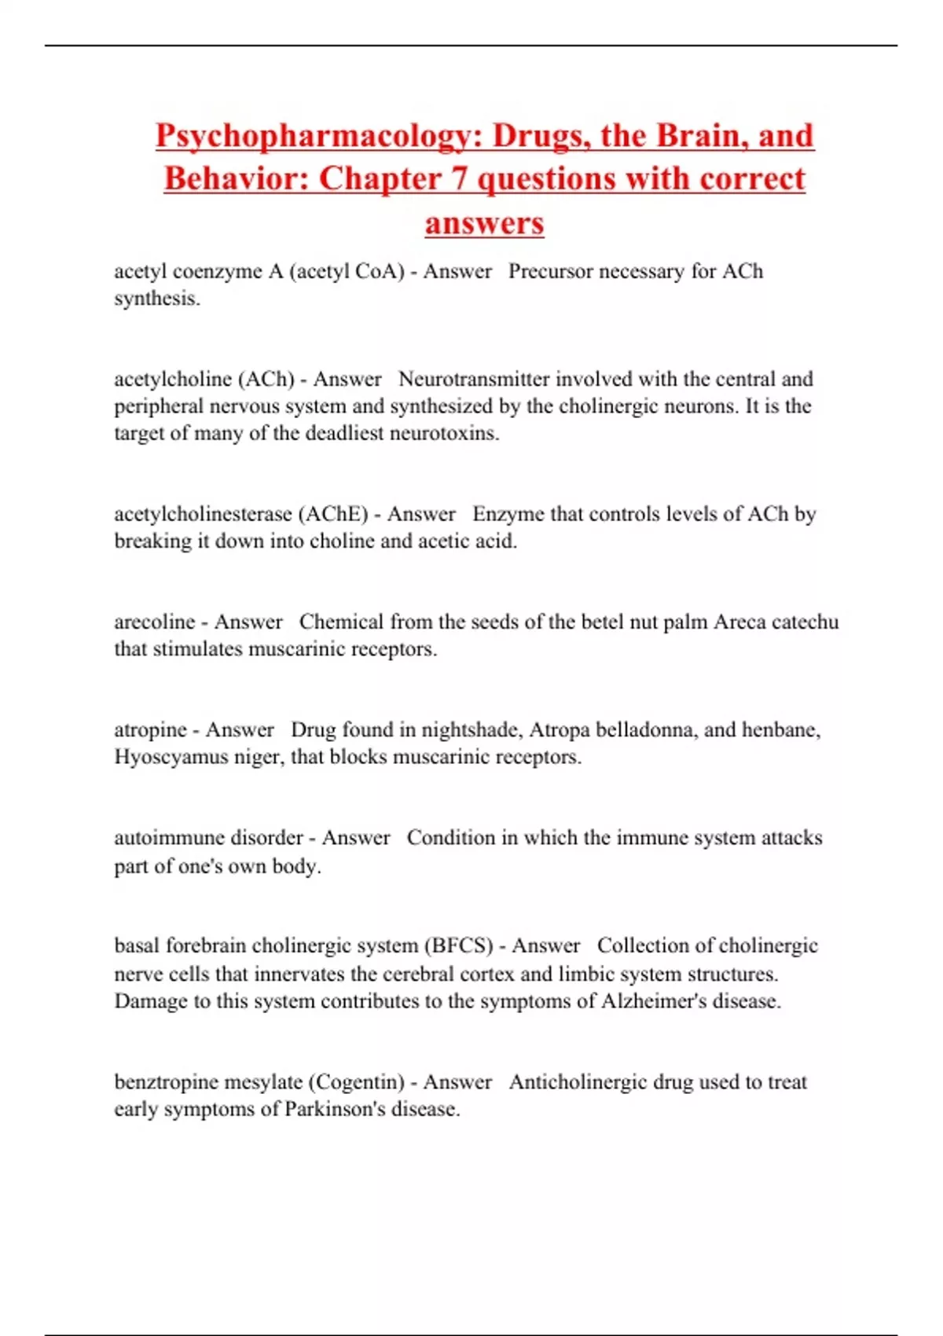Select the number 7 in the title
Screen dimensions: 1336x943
click(x=458, y=179)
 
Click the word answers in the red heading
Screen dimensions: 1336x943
click(x=484, y=223)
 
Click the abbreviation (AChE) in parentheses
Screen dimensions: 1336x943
click(x=333, y=514)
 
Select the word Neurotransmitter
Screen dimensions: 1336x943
click(x=474, y=379)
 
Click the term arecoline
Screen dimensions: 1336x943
click(x=155, y=622)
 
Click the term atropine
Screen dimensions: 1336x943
click(x=151, y=730)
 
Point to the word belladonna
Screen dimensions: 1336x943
click(x=647, y=730)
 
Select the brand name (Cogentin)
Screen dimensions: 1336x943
click(x=356, y=1082)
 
